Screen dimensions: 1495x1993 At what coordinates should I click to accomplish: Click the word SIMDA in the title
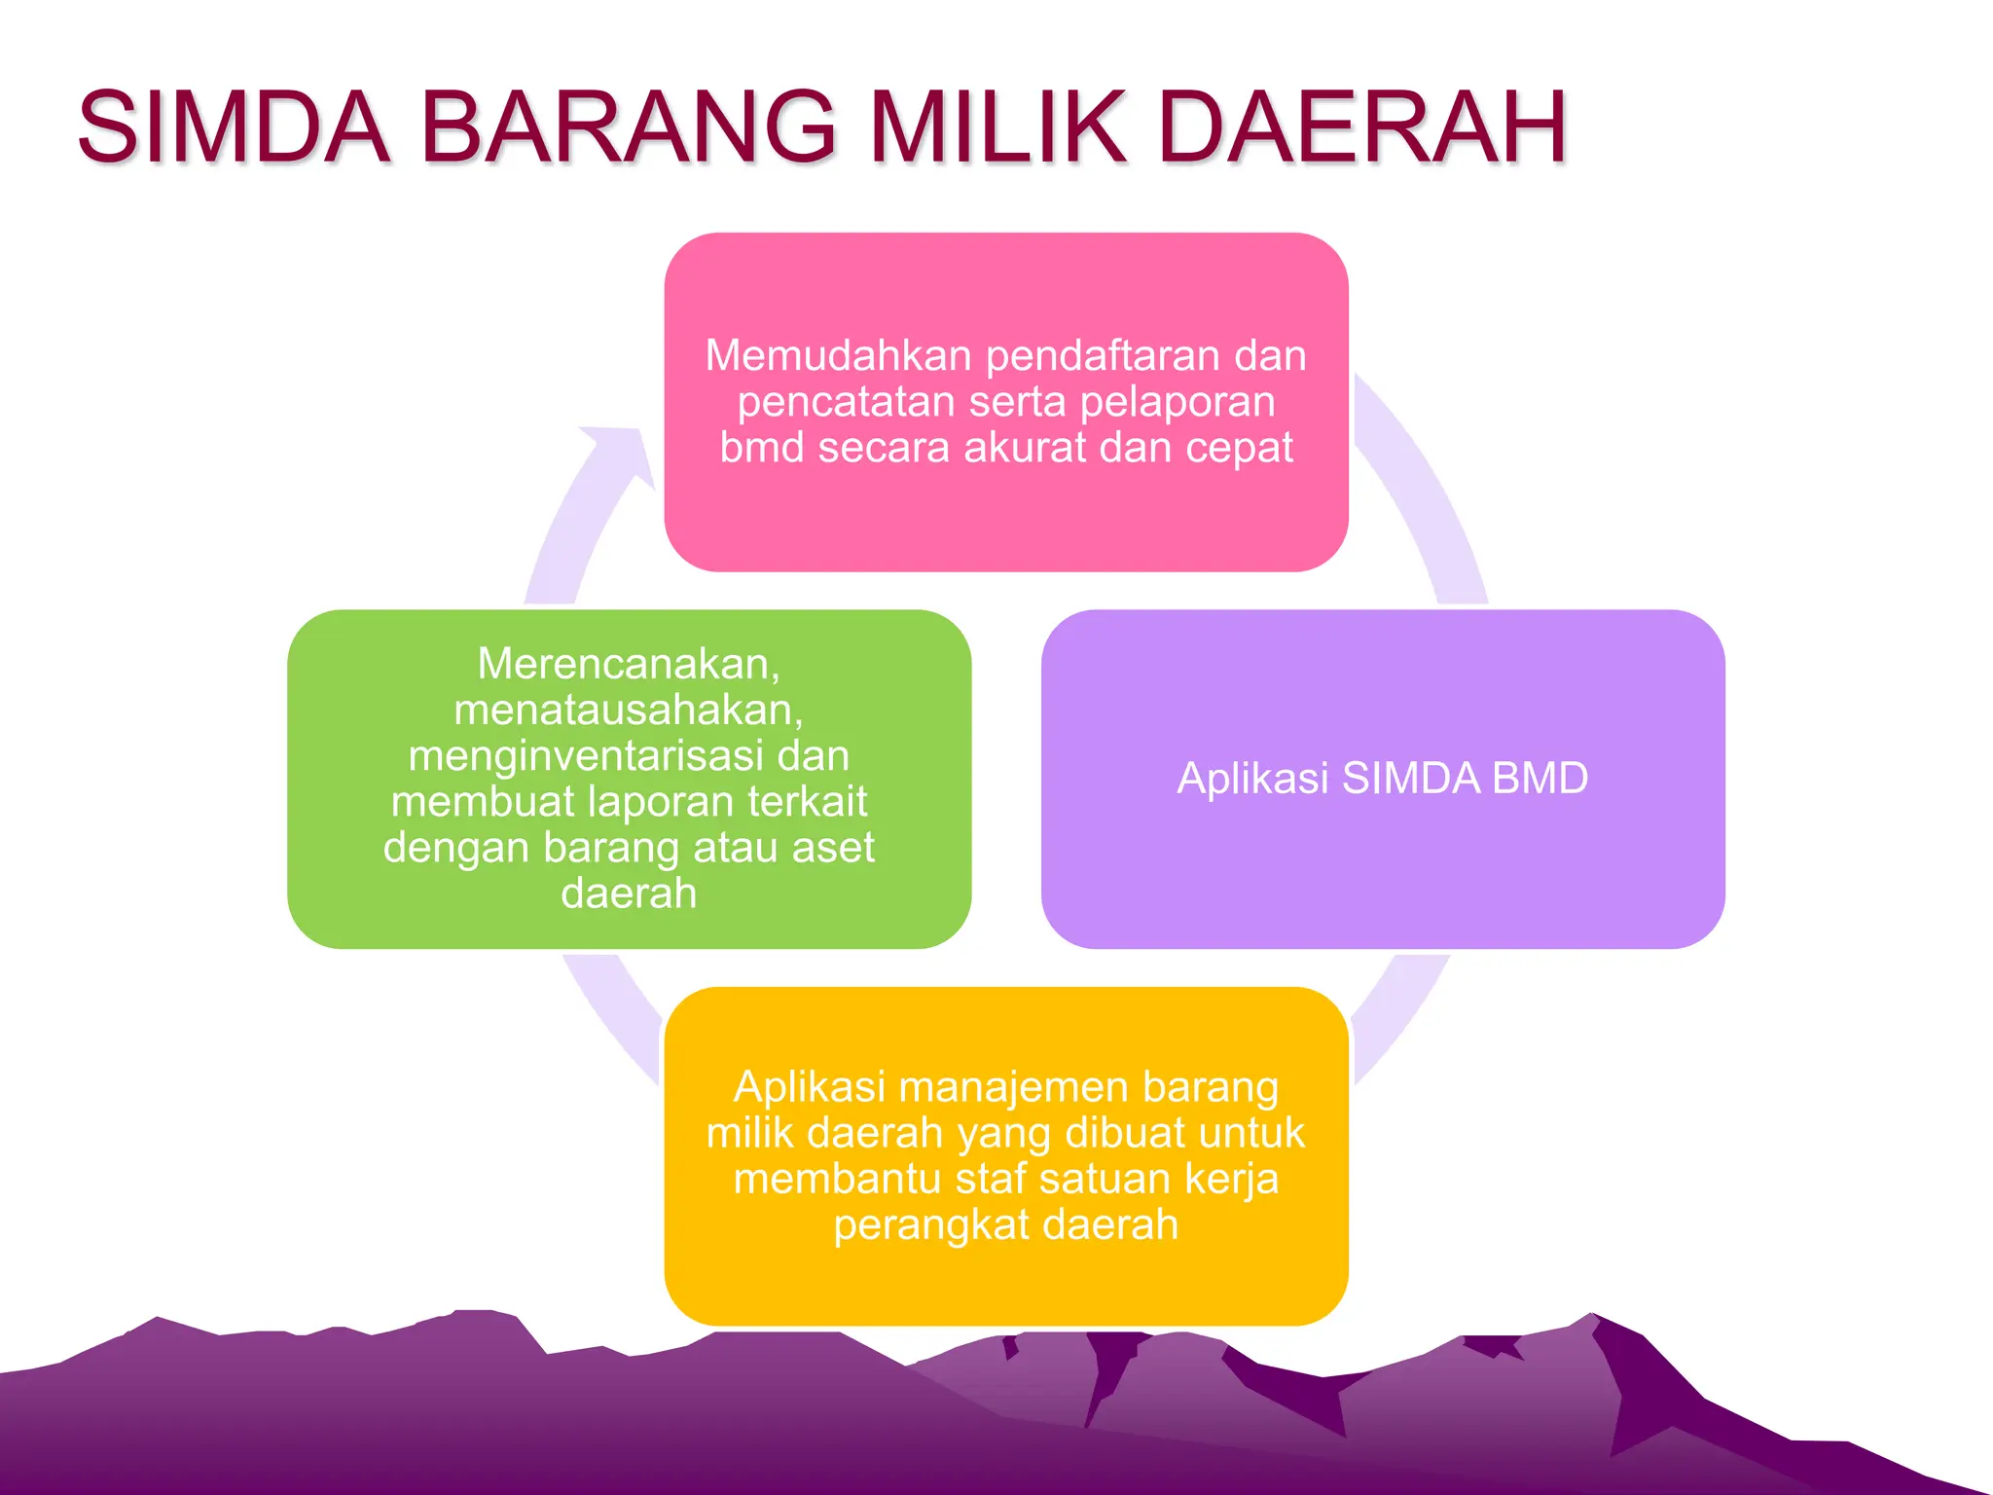234,128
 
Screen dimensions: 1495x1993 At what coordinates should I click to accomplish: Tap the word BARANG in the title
629,128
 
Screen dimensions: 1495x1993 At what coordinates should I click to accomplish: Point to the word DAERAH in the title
1362,128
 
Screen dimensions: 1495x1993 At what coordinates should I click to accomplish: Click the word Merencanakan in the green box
627,665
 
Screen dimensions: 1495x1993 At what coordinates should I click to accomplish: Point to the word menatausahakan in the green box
627,711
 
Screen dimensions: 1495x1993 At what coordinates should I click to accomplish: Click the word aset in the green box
833,848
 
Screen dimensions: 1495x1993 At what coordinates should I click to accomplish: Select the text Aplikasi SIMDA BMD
1382,779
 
